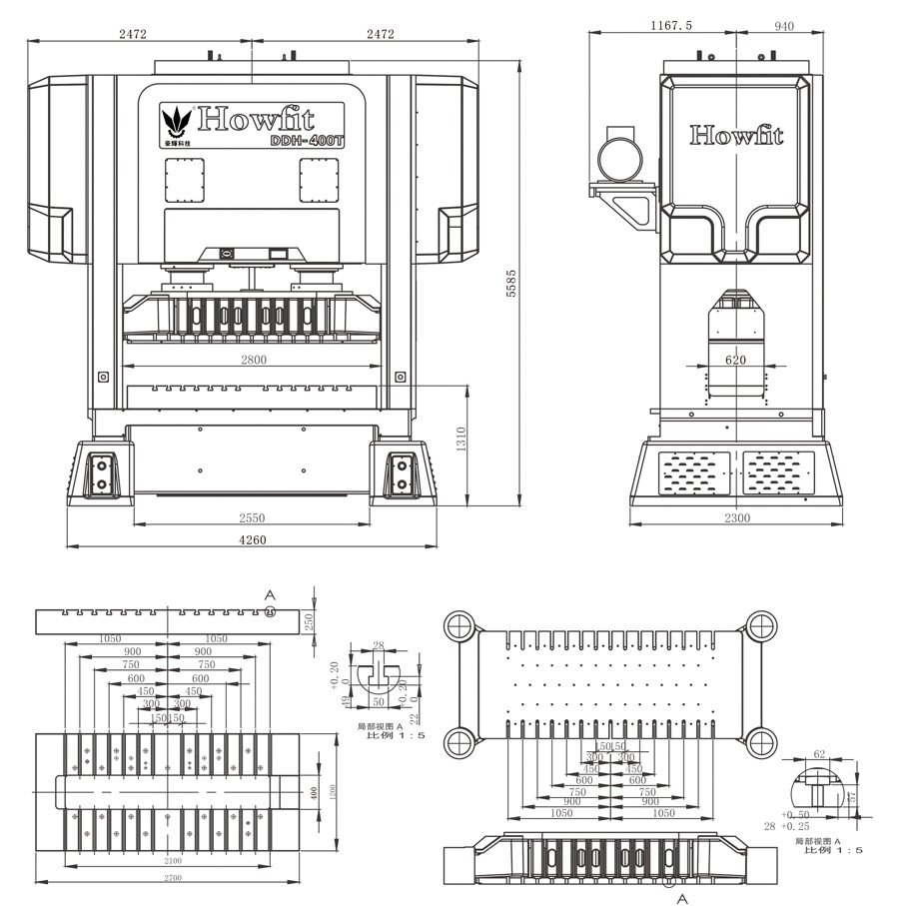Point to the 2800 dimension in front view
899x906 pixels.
coord(254,361)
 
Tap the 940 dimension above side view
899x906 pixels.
coord(783,26)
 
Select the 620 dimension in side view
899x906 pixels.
coord(736,361)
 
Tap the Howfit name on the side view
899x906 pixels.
coord(736,135)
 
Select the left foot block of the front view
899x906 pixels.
coord(101,473)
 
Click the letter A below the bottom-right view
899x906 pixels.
coord(683,898)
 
